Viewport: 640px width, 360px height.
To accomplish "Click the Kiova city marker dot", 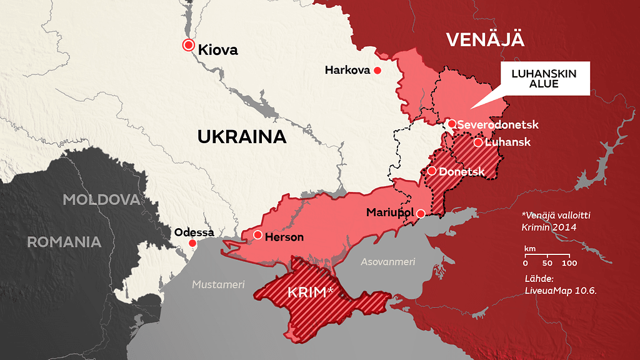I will (x=188, y=44).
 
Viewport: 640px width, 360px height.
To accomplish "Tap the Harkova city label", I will (x=347, y=71).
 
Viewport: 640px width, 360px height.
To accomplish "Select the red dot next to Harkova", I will (x=377, y=71).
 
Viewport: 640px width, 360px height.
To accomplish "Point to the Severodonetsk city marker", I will (x=452, y=124).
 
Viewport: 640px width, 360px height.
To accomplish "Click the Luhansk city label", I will (x=507, y=142).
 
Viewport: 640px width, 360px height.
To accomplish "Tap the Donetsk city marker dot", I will (x=432, y=171).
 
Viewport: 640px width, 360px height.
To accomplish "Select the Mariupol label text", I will (x=391, y=213).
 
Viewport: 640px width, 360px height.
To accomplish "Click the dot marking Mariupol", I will (x=421, y=213).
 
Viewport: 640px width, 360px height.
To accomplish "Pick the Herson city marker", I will (x=257, y=235).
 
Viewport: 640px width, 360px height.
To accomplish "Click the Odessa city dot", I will (x=192, y=243).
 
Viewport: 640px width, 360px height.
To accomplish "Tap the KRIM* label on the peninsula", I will (x=310, y=292).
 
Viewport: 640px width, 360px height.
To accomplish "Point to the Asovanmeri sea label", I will (x=387, y=262).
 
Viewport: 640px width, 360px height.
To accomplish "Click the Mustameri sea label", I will (x=218, y=285).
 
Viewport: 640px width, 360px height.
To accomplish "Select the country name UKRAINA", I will (x=242, y=136).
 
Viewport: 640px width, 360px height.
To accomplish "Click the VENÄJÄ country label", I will (x=485, y=39).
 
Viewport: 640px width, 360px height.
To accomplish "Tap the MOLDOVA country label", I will (x=101, y=200).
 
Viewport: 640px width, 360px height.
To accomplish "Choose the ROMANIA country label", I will (x=64, y=242).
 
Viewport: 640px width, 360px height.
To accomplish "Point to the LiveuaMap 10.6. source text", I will (x=556, y=291).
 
